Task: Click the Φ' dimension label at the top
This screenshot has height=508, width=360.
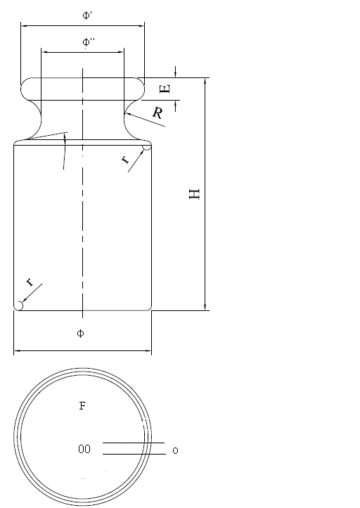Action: (x=87, y=15)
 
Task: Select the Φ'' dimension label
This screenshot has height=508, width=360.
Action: (x=89, y=42)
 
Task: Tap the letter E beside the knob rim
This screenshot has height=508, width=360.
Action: (x=165, y=89)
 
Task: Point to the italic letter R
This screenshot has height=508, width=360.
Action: (x=157, y=113)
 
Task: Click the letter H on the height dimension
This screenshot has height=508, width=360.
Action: (x=195, y=193)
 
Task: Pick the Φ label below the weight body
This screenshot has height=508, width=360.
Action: (x=80, y=333)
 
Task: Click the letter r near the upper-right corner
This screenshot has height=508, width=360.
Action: (x=126, y=160)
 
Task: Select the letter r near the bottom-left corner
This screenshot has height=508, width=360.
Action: (x=30, y=282)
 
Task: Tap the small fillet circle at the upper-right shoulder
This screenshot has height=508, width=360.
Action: (x=147, y=147)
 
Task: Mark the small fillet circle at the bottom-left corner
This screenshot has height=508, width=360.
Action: (x=19, y=305)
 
